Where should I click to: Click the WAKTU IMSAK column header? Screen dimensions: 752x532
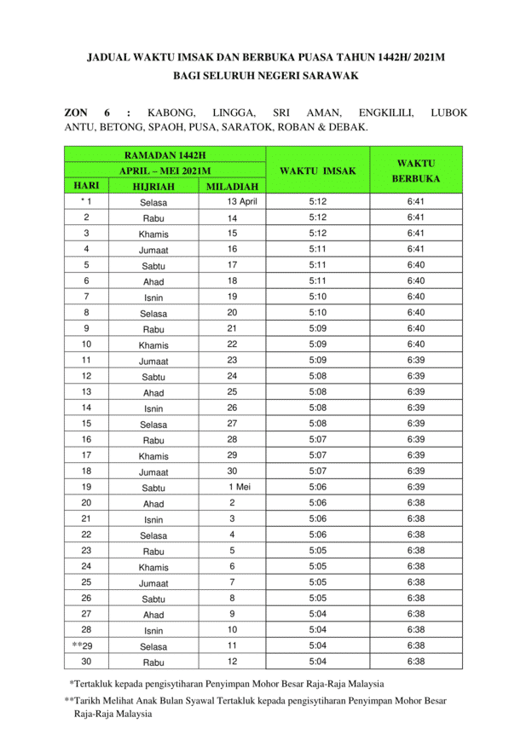coord(317,171)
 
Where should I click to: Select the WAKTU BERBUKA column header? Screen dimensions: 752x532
coord(416,171)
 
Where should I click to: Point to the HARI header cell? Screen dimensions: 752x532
coord(87,186)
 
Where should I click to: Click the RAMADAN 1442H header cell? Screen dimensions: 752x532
coord(165,155)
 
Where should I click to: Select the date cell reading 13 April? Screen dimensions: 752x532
coord(242,202)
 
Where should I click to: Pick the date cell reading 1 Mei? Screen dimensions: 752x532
coord(239,487)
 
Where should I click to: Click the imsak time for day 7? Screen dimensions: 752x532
coord(317,297)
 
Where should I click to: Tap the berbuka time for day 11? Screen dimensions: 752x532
coord(416,360)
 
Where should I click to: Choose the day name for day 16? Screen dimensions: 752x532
coord(153,440)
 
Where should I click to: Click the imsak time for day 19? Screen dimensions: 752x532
coord(317,487)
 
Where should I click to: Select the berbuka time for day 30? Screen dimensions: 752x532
coord(416,661)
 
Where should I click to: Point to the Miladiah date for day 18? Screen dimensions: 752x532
coord(232,471)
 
